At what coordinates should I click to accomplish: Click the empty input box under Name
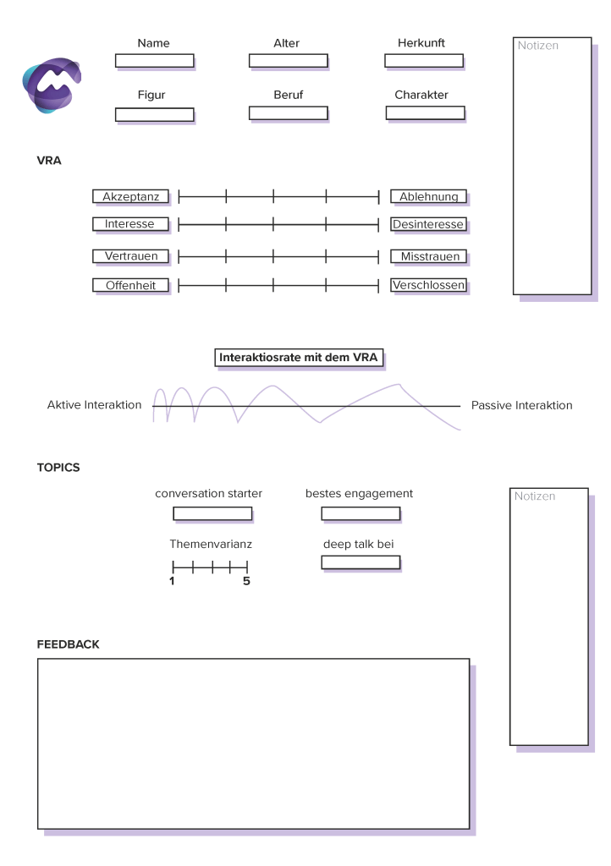click(x=154, y=60)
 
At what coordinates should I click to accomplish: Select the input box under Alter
click(x=287, y=60)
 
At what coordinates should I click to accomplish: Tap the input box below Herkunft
click(x=423, y=60)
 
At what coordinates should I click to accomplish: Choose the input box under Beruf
click(x=287, y=112)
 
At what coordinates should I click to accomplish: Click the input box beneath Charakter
click(x=425, y=112)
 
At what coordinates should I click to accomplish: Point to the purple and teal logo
click(x=52, y=84)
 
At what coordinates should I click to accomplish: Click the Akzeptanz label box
click(x=130, y=196)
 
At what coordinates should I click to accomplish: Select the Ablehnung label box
click(x=428, y=196)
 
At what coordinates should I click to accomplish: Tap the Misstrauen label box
click(x=428, y=255)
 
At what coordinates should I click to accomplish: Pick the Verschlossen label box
click(x=428, y=285)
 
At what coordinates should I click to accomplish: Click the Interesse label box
click(x=130, y=224)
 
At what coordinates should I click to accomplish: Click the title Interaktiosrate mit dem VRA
click(x=298, y=358)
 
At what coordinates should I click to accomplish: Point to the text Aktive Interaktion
click(x=94, y=405)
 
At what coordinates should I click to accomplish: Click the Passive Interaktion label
click(x=521, y=405)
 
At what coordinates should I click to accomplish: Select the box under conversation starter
click(x=212, y=513)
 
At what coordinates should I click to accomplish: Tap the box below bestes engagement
click(x=361, y=513)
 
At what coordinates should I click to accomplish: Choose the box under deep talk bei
click(x=361, y=562)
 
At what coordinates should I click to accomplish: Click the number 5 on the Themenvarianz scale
click(x=246, y=582)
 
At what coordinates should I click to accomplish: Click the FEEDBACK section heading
click(x=68, y=644)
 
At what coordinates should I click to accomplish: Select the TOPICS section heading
click(x=58, y=467)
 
